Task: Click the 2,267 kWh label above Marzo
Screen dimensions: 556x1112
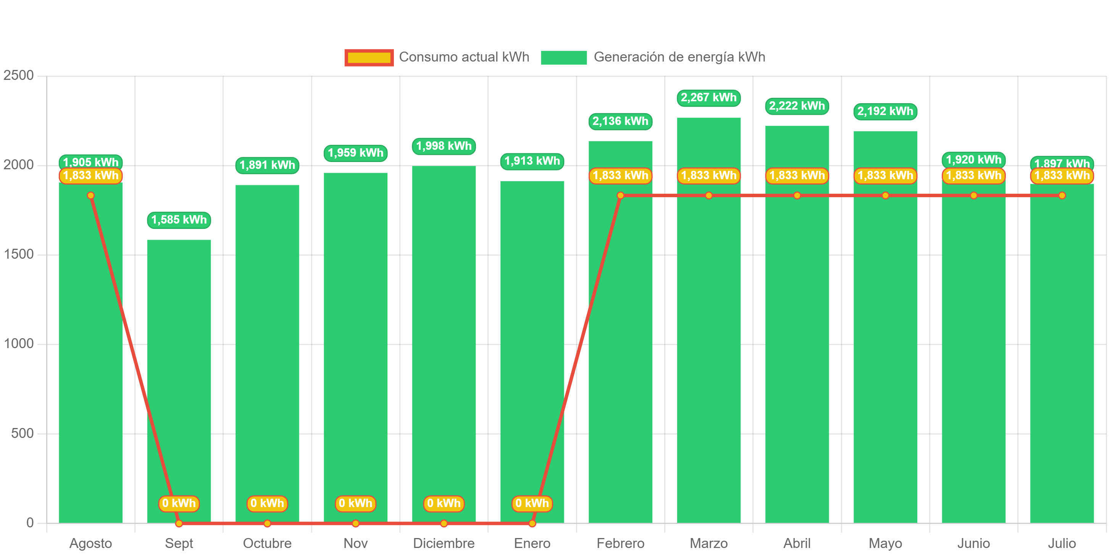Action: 709,98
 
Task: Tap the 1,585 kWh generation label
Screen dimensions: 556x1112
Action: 179,220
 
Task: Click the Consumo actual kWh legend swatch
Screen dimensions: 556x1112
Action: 369,57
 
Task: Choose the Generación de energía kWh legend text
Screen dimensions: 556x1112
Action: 679,57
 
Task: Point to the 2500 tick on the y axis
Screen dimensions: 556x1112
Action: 19,75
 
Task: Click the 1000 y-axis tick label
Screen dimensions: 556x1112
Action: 19,344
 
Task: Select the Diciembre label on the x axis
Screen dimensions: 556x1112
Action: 443,543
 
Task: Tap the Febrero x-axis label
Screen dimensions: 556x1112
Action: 620,543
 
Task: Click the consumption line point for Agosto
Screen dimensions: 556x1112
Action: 90,196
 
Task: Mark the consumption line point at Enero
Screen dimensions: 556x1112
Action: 532,524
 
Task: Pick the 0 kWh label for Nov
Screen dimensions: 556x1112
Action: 355,503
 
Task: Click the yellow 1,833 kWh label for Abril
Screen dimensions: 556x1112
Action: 797,175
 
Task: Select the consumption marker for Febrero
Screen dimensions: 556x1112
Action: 620,196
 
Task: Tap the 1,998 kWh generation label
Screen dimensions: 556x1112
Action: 444,146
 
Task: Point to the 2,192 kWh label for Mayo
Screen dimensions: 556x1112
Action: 885,112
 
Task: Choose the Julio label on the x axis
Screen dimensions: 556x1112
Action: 1062,543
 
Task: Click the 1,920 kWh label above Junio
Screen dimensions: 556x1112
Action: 973,160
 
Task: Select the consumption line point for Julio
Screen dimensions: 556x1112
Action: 1062,196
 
